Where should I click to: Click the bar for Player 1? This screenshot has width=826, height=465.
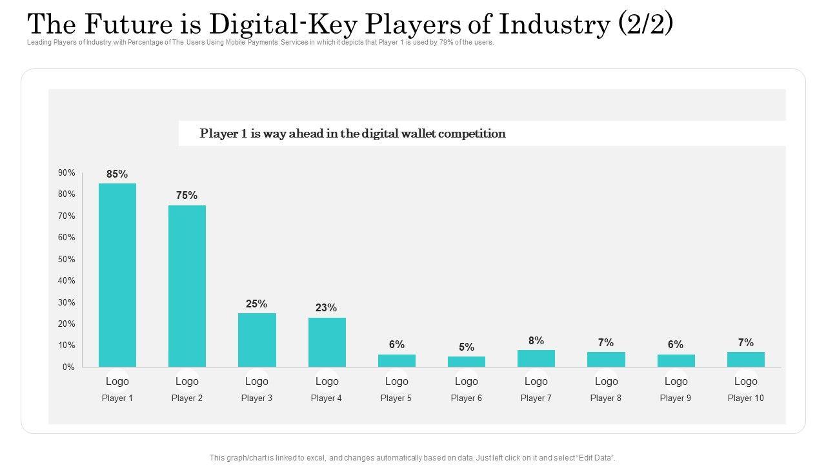(x=117, y=275)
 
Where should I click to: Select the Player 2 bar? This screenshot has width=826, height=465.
(x=187, y=286)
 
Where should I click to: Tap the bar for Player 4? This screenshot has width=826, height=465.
(x=327, y=342)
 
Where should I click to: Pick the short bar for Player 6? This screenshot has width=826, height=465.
(x=467, y=362)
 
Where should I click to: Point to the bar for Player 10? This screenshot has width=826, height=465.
(x=746, y=359)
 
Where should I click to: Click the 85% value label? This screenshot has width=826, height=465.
(x=117, y=174)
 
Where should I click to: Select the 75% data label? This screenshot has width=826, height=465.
(x=187, y=195)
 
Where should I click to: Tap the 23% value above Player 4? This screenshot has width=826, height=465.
(x=327, y=308)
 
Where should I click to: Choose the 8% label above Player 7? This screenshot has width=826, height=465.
(x=536, y=340)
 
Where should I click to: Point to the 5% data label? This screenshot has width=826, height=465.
(x=467, y=347)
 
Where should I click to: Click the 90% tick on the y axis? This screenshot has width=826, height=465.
(x=66, y=173)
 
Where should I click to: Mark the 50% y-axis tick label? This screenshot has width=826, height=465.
(x=66, y=259)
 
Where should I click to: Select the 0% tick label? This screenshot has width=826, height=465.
(x=68, y=367)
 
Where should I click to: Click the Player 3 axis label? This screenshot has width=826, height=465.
(x=257, y=398)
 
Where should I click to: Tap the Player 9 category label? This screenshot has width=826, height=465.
(x=676, y=398)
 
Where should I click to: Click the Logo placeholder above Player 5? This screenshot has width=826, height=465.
(x=397, y=381)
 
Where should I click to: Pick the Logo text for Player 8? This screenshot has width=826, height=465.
(x=606, y=381)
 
